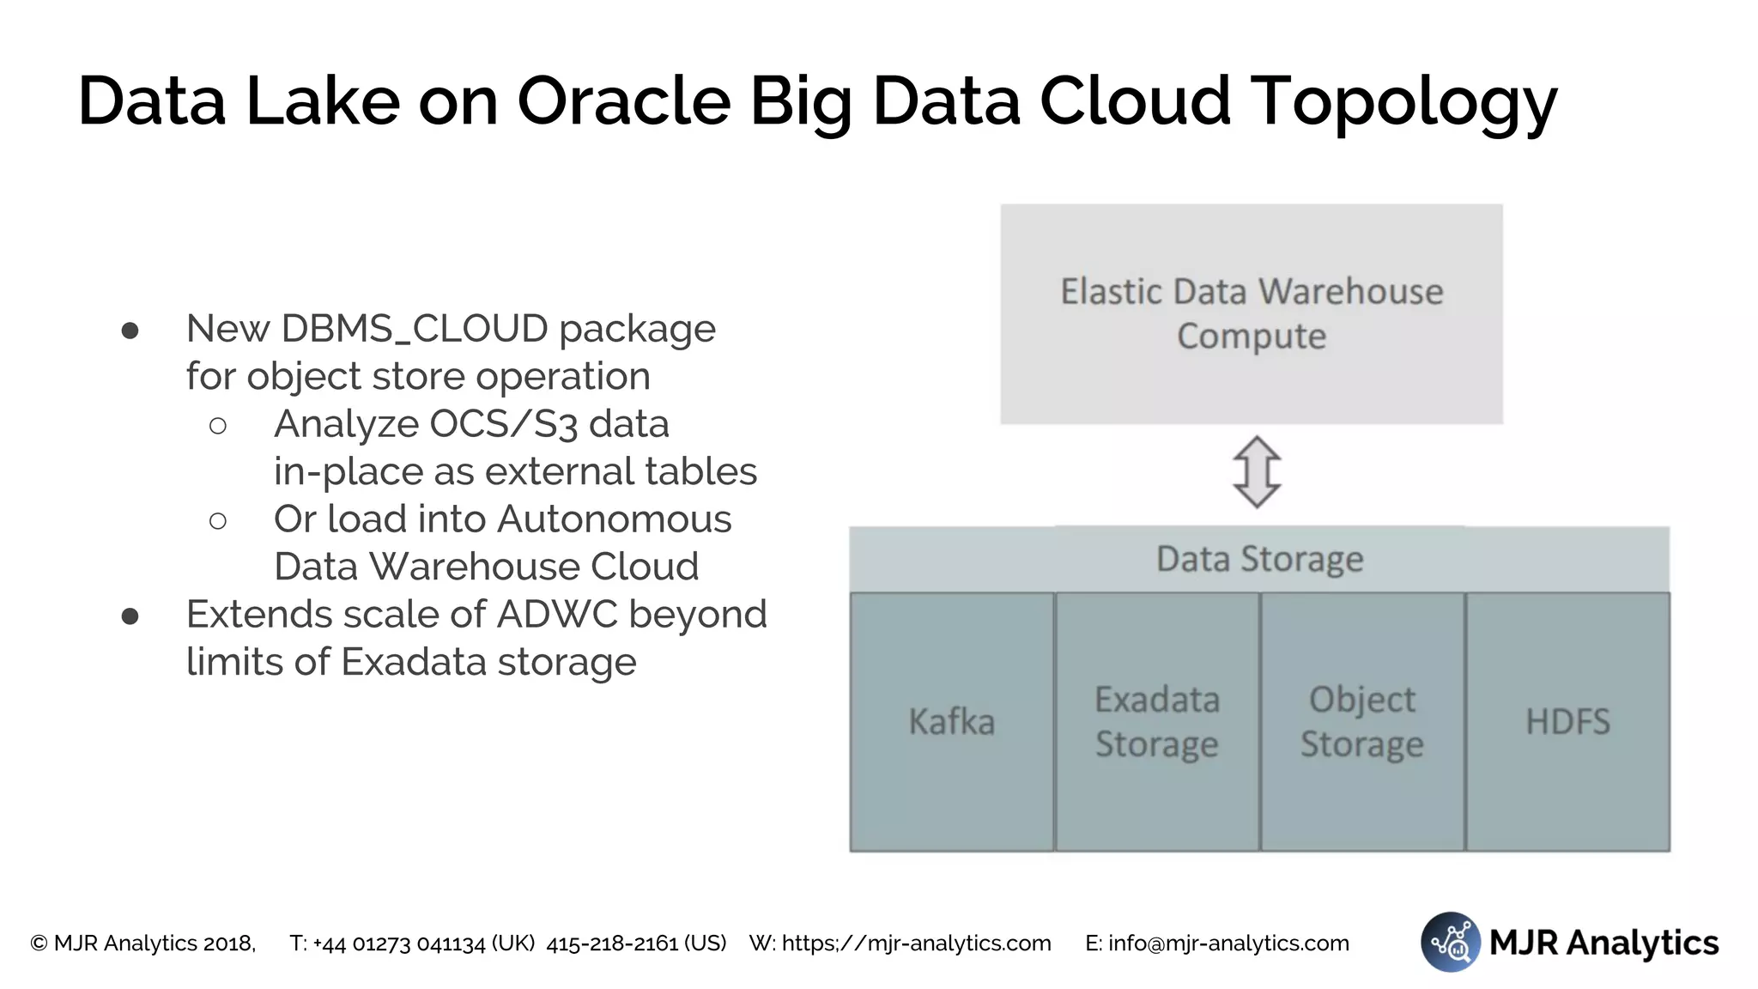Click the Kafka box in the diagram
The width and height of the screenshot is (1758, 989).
(x=951, y=722)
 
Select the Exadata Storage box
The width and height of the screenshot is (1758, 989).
(x=1157, y=722)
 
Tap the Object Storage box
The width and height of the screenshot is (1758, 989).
(x=1362, y=722)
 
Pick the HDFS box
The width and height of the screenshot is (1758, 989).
(x=1567, y=722)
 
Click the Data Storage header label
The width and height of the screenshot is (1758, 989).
(x=1259, y=559)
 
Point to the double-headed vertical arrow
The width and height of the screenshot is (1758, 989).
(x=1257, y=472)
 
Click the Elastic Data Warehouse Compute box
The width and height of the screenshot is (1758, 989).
(x=1252, y=313)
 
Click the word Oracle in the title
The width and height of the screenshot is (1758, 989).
(x=624, y=101)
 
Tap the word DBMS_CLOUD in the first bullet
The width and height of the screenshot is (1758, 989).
(x=415, y=329)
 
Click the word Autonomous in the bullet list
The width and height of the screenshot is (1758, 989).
(x=615, y=519)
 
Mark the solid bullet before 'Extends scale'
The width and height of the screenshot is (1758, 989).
(x=130, y=616)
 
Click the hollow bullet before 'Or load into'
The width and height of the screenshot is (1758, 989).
(x=218, y=520)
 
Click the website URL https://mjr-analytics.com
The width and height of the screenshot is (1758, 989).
(x=916, y=943)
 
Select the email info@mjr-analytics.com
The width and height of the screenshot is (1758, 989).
(x=1228, y=943)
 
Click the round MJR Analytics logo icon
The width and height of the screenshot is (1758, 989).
(x=1450, y=942)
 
